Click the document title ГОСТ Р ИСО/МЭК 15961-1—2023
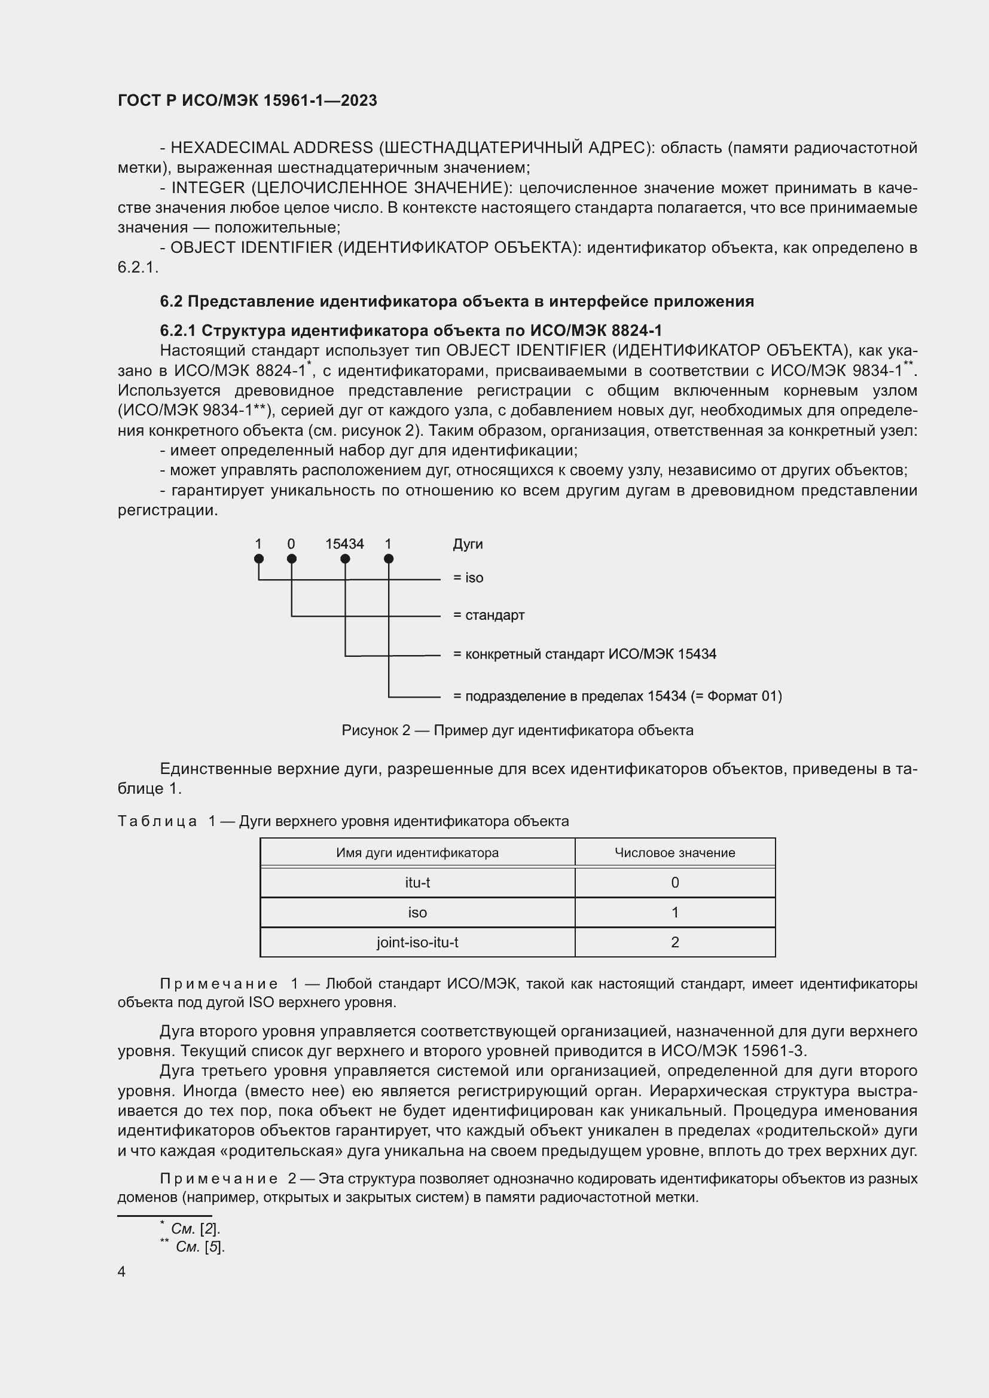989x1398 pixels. (x=248, y=100)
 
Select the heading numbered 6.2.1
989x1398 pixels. (x=410, y=331)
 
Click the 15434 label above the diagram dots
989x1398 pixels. (x=344, y=544)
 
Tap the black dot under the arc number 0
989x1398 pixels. (x=291, y=559)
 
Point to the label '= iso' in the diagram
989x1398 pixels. (x=468, y=578)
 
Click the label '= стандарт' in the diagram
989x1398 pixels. (x=489, y=615)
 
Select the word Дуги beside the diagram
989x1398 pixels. (x=468, y=544)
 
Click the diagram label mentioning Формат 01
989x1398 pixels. (x=617, y=696)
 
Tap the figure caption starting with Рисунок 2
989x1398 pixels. (x=517, y=730)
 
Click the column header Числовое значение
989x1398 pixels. (x=674, y=853)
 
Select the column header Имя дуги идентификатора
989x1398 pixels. (x=417, y=853)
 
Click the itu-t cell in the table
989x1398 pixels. (x=417, y=882)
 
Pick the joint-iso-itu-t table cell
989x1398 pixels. (x=417, y=942)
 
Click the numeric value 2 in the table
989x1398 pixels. (x=674, y=942)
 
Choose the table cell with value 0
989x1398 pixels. (x=674, y=882)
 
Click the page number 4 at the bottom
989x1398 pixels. (x=121, y=1271)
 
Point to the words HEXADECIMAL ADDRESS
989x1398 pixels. (x=271, y=148)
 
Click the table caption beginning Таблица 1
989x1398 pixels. (x=343, y=821)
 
